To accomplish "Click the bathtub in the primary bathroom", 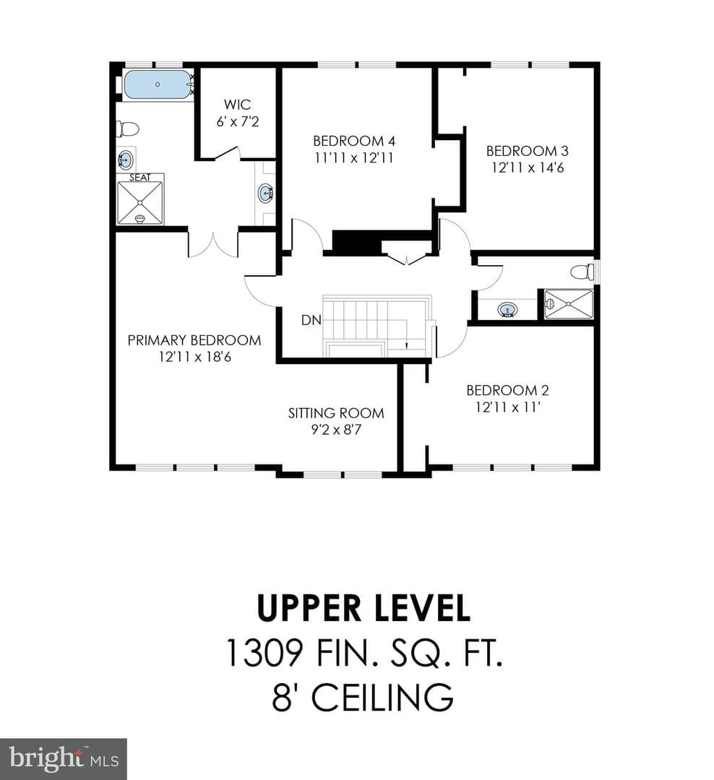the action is [158, 84].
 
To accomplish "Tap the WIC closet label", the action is [238, 105].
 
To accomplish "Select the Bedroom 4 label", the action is [354, 141].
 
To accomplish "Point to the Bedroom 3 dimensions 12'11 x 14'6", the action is [528, 168].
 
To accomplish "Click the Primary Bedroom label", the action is [194, 340].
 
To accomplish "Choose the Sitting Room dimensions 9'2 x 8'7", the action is [336, 429].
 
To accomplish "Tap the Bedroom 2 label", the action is [507, 391].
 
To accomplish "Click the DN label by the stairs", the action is [311, 320].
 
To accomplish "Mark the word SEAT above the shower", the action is [140, 177].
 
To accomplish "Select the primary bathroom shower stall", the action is [140, 203].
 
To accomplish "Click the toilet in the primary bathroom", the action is [127, 129].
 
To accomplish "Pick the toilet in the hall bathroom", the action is [582, 272].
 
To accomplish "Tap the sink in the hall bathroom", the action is [507, 310].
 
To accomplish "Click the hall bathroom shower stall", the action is [568, 304].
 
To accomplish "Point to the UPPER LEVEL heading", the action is [364, 608].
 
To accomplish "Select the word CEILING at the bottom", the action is [382, 697].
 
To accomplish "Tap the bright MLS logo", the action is [64, 759].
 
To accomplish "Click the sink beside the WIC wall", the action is [265, 193].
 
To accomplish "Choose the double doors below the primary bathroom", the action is [213, 245].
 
